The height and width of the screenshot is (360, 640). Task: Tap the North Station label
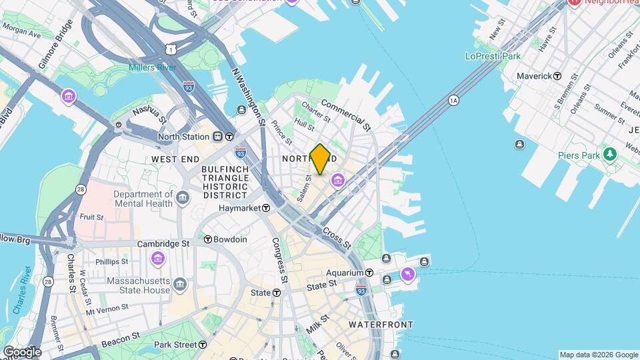tap(183, 137)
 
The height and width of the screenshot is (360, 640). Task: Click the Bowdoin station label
tap(230, 239)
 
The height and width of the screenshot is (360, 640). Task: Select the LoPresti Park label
tap(493, 57)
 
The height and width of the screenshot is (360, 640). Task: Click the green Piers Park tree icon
tap(609, 155)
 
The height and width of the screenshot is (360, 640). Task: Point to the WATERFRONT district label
tap(381, 325)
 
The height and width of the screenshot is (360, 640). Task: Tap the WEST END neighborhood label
tap(175, 159)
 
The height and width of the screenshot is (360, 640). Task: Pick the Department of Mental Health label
tap(143, 199)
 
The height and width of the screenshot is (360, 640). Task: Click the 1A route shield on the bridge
tap(454, 100)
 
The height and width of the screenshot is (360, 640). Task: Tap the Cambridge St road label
tap(163, 244)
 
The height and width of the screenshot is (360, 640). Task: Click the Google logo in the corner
tap(22, 351)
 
